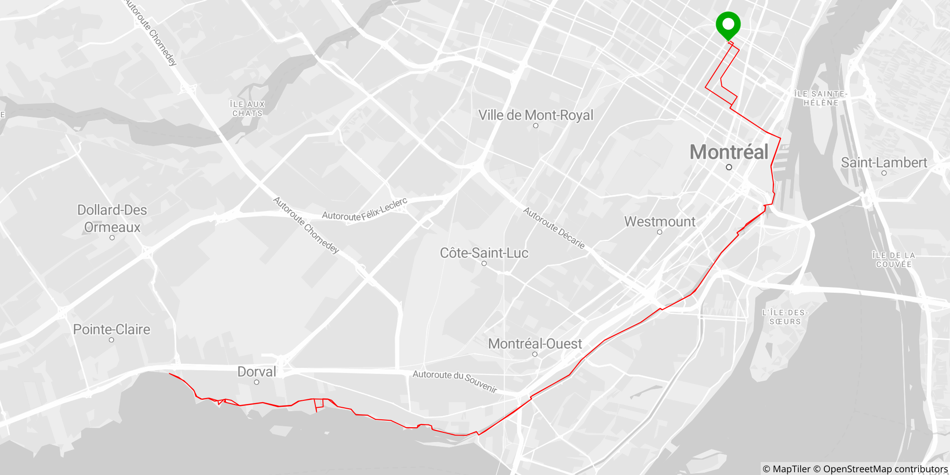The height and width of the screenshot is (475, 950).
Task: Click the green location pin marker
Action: (728, 24)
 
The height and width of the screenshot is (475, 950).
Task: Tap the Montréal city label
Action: (729, 152)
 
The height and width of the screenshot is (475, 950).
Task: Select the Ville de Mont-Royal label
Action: (536, 115)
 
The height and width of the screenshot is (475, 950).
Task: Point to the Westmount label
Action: (660, 222)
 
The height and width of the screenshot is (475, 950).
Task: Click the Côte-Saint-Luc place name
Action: (484, 253)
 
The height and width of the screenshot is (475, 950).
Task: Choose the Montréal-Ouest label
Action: (535, 344)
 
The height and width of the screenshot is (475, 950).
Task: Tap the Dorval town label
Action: (257, 372)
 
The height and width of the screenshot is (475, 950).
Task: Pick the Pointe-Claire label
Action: (112, 329)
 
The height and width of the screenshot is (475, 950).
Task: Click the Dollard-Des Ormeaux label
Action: (112, 218)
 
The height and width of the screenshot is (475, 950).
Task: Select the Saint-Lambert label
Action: (884, 163)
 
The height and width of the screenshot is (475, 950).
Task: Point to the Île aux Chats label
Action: (248, 109)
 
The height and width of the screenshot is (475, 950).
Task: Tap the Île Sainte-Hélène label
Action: (821, 98)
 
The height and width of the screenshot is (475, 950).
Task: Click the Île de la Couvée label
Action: (893, 260)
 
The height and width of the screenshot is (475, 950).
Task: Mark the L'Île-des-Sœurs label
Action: (785, 317)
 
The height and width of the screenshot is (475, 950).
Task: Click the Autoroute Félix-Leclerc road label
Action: (365, 210)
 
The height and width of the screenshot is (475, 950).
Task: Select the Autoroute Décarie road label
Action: (554, 228)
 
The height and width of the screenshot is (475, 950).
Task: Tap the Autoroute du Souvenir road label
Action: (455, 381)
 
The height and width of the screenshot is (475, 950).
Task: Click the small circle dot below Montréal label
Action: (729, 167)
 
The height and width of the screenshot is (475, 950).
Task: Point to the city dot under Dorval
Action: (257, 382)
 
